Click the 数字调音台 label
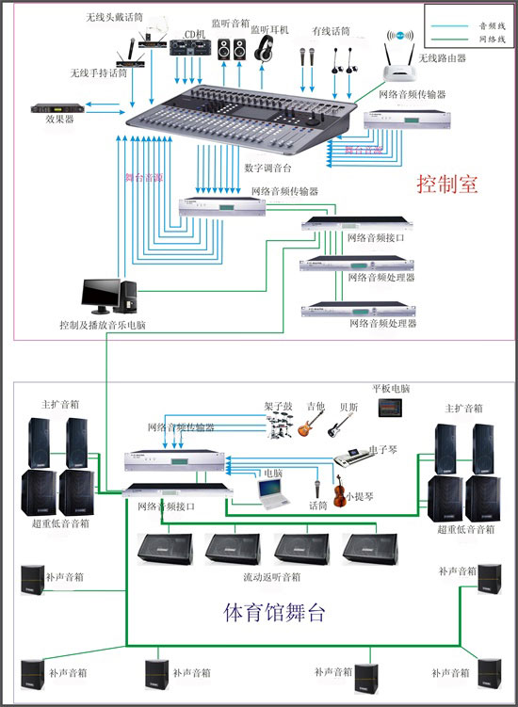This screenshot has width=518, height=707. tap(268, 168)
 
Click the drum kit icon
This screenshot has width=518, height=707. tap(280, 426)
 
